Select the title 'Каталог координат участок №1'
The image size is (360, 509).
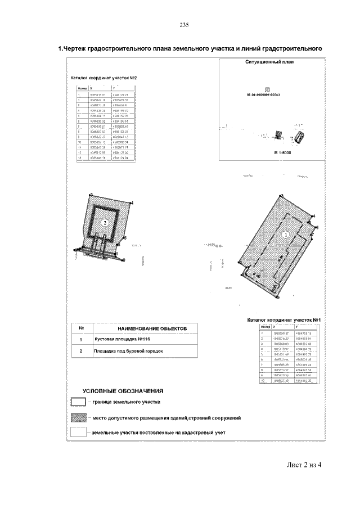[x=284, y=320]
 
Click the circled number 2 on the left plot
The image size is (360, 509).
[x=105, y=223]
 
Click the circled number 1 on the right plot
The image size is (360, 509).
[x=285, y=235]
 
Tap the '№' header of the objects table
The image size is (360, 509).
[x=82, y=328]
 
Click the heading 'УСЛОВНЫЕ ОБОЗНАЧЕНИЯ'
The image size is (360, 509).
[x=123, y=390]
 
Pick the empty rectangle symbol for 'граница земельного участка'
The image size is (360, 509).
[x=78, y=402]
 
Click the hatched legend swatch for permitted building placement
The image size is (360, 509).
[x=78, y=418]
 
